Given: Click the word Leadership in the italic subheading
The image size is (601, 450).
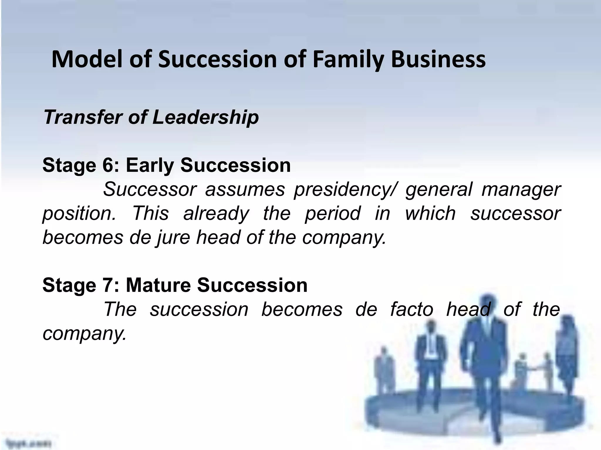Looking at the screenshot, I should click(x=205, y=117).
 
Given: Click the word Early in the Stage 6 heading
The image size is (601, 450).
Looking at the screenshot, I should click(x=150, y=165).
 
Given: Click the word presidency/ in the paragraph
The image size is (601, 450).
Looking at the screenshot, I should click(x=345, y=190).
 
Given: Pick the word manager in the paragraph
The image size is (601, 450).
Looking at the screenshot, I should click(x=521, y=190).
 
